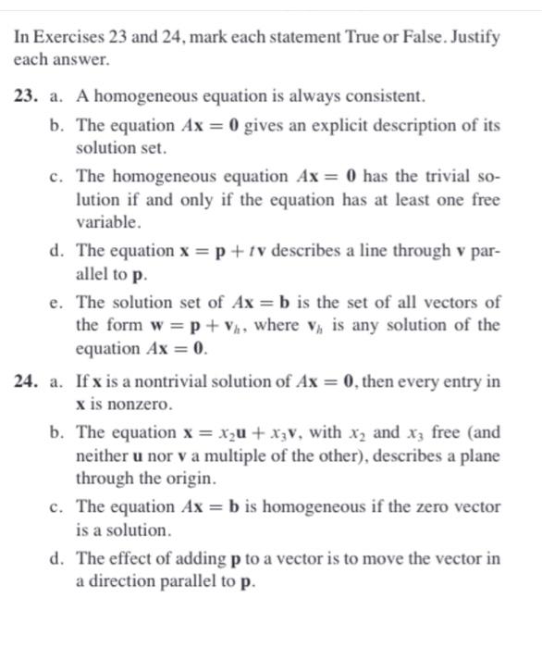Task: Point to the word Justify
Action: tap(472, 38)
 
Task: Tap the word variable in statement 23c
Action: tap(108, 222)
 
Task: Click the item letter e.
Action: tap(57, 302)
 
